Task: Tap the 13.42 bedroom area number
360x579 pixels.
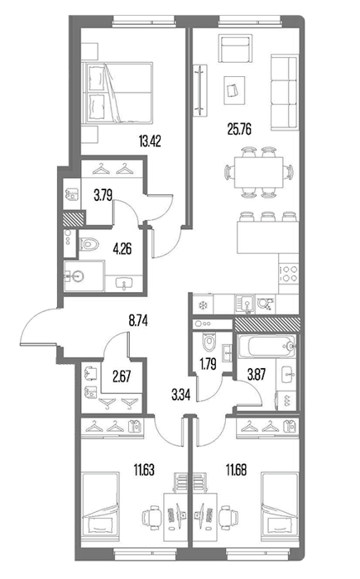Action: pos(150,141)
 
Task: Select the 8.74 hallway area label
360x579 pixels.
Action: pos(138,321)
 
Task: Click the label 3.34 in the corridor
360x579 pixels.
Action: pos(180,395)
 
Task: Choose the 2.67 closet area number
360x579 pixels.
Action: pos(121,377)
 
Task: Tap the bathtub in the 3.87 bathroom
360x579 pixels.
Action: pos(267,346)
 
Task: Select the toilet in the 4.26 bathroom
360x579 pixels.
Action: pos(89,244)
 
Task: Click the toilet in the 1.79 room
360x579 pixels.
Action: pos(209,342)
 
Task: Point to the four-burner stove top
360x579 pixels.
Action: pos(288,274)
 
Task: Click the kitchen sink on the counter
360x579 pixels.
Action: pos(245,304)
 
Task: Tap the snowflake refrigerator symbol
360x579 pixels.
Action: pos(202,305)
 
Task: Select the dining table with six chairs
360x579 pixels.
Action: pos(259,172)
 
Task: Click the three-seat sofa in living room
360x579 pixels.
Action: pos(284,93)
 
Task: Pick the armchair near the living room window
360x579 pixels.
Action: pos(235,49)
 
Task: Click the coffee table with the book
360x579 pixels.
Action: pos(234,90)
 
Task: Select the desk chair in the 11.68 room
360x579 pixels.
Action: pos(228,514)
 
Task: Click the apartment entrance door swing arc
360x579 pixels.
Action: pos(31,320)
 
